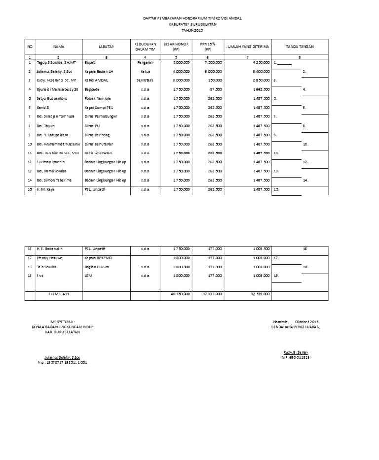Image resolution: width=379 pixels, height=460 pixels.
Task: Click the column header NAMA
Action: pyautogui.click(x=59, y=47)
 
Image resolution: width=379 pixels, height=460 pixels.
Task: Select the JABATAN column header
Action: pyautogui.click(x=106, y=47)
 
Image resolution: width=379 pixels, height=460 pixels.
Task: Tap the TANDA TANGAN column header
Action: pyautogui.click(x=300, y=47)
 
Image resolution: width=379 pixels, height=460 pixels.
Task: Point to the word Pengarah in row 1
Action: pyautogui.click(x=145, y=63)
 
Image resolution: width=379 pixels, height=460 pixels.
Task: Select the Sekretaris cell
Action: pyautogui.click(x=145, y=79)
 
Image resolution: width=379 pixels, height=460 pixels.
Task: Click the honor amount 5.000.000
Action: pyautogui.click(x=181, y=63)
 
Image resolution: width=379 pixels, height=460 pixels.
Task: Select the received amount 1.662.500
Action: pyautogui.click(x=261, y=89)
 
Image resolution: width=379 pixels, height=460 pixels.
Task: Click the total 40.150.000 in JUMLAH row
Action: pyautogui.click(x=181, y=294)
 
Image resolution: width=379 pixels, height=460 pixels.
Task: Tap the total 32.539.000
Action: pyautogui.click(x=260, y=294)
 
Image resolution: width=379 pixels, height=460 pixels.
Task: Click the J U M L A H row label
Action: pyautogui.click(x=59, y=294)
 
